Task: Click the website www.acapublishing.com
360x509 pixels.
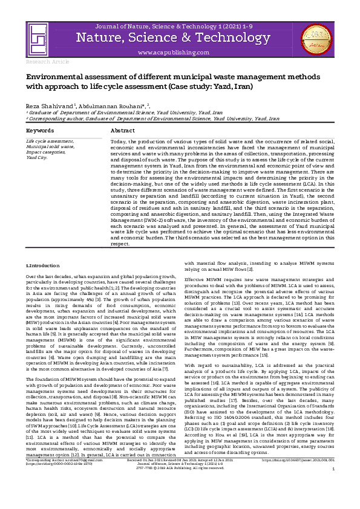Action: [x=179, y=53]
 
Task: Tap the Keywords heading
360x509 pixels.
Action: [x=39, y=131]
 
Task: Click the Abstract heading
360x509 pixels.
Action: [x=123, y=131]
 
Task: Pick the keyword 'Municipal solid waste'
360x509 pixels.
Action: [x=50, y=146]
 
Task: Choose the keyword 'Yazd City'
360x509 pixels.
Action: [x=37, y=157]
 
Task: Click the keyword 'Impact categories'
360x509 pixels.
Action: [x=46, y=152]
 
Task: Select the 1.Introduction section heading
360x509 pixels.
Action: [x=42, y=265]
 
